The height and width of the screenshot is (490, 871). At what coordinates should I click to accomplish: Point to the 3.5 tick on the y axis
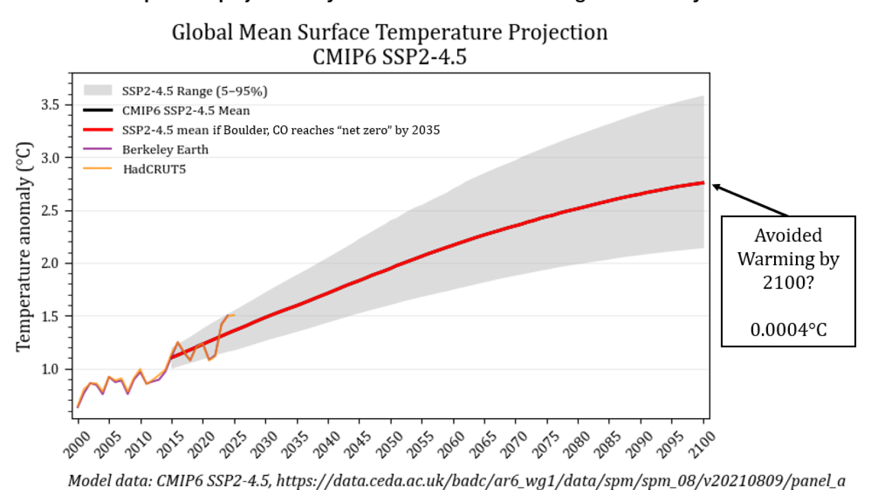coord(50,105)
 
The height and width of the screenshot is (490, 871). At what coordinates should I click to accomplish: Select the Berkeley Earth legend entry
coord(165,150)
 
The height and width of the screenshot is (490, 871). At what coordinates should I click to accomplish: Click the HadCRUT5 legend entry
coord(154,169)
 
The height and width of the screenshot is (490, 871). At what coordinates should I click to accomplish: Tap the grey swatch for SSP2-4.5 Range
coord(97,90)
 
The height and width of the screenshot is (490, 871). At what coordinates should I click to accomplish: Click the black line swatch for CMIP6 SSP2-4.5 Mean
coord(97,111)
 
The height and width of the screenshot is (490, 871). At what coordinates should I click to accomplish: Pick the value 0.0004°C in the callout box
coord(788,329)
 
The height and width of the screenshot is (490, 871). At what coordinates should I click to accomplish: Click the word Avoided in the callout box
coord(788,235)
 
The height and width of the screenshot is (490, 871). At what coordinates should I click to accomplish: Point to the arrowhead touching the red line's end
coord(715,187)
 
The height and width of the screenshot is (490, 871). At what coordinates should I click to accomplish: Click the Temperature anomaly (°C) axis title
coord(24,246)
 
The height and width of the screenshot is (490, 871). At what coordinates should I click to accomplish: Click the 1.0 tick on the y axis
coord(50,369)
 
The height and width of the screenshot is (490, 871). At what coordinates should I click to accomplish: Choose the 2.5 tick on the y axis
coord(50,211)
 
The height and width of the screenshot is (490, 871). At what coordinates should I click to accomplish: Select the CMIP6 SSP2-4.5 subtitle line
coord(389,57)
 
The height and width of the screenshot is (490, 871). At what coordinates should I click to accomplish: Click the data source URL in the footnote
coord(561,481)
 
